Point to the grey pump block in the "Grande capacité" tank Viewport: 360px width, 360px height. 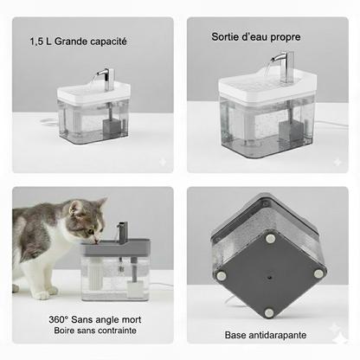click(111, 126)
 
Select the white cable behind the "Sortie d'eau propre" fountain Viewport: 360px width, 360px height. click(329, 124)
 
